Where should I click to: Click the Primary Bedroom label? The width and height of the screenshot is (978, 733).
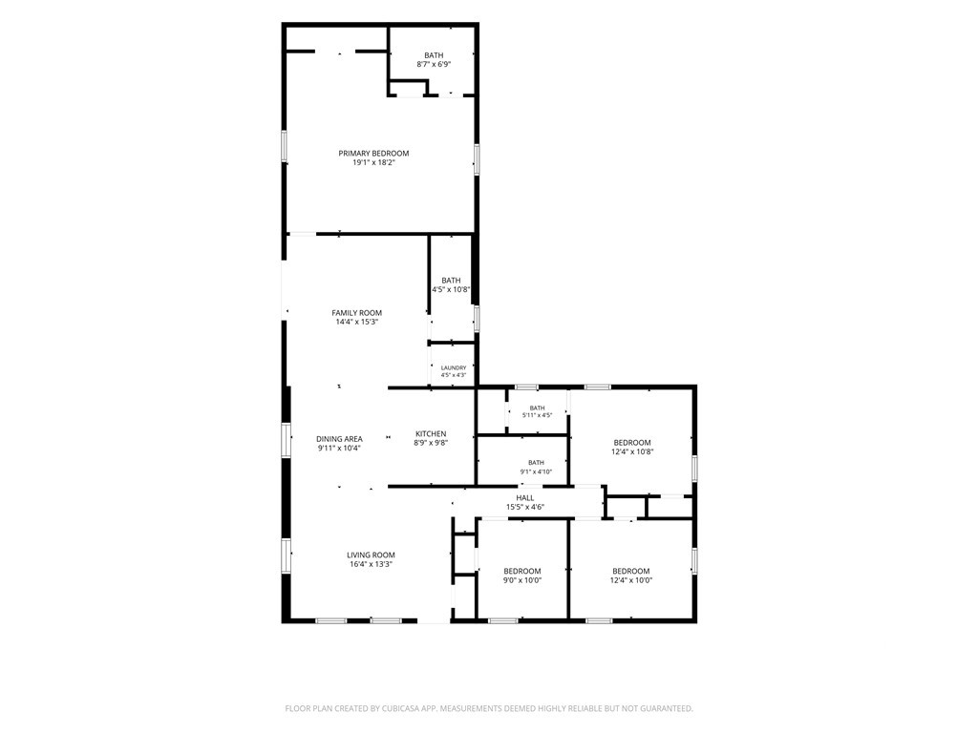[x=373, y=154]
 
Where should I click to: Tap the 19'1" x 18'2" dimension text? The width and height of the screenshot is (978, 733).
[x=373, y=162]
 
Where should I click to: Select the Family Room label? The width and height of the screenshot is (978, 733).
[x=357, y=313]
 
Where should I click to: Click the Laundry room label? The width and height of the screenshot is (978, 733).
[x=454, y=367]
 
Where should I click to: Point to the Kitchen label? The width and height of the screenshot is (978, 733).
[x=431, y=434]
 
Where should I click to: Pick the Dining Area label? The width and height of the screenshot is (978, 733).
[x=339, y=439]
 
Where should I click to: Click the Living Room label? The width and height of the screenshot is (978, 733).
[x=372, y=555]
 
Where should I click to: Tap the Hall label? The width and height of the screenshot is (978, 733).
[x=525, y=498]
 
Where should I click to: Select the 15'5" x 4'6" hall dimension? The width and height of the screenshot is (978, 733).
[x=525, y=508]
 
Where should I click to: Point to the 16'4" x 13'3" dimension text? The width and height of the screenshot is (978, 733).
[x=372, y=564]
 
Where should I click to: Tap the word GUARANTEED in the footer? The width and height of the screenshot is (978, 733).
[x=670, y=709]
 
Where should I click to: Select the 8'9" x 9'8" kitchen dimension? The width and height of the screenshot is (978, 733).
[x=431, y=443]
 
